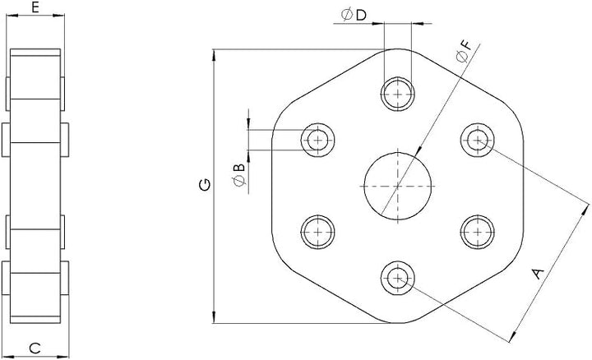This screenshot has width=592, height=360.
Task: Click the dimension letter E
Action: [35, 7]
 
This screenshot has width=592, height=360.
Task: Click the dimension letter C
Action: [35, 348]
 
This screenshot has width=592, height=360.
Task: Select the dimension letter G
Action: [205, 185]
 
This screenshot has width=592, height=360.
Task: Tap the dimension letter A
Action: [538, 273]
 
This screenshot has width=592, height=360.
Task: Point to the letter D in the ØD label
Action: [361, 15]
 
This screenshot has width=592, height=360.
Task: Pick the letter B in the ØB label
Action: [239, 168]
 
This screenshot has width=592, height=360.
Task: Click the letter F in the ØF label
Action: [466, 46]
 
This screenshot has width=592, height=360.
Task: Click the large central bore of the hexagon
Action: [398, 186]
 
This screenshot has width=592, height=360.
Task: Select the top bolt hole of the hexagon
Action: [398, 94]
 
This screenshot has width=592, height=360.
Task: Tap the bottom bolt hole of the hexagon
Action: [398, 278]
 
